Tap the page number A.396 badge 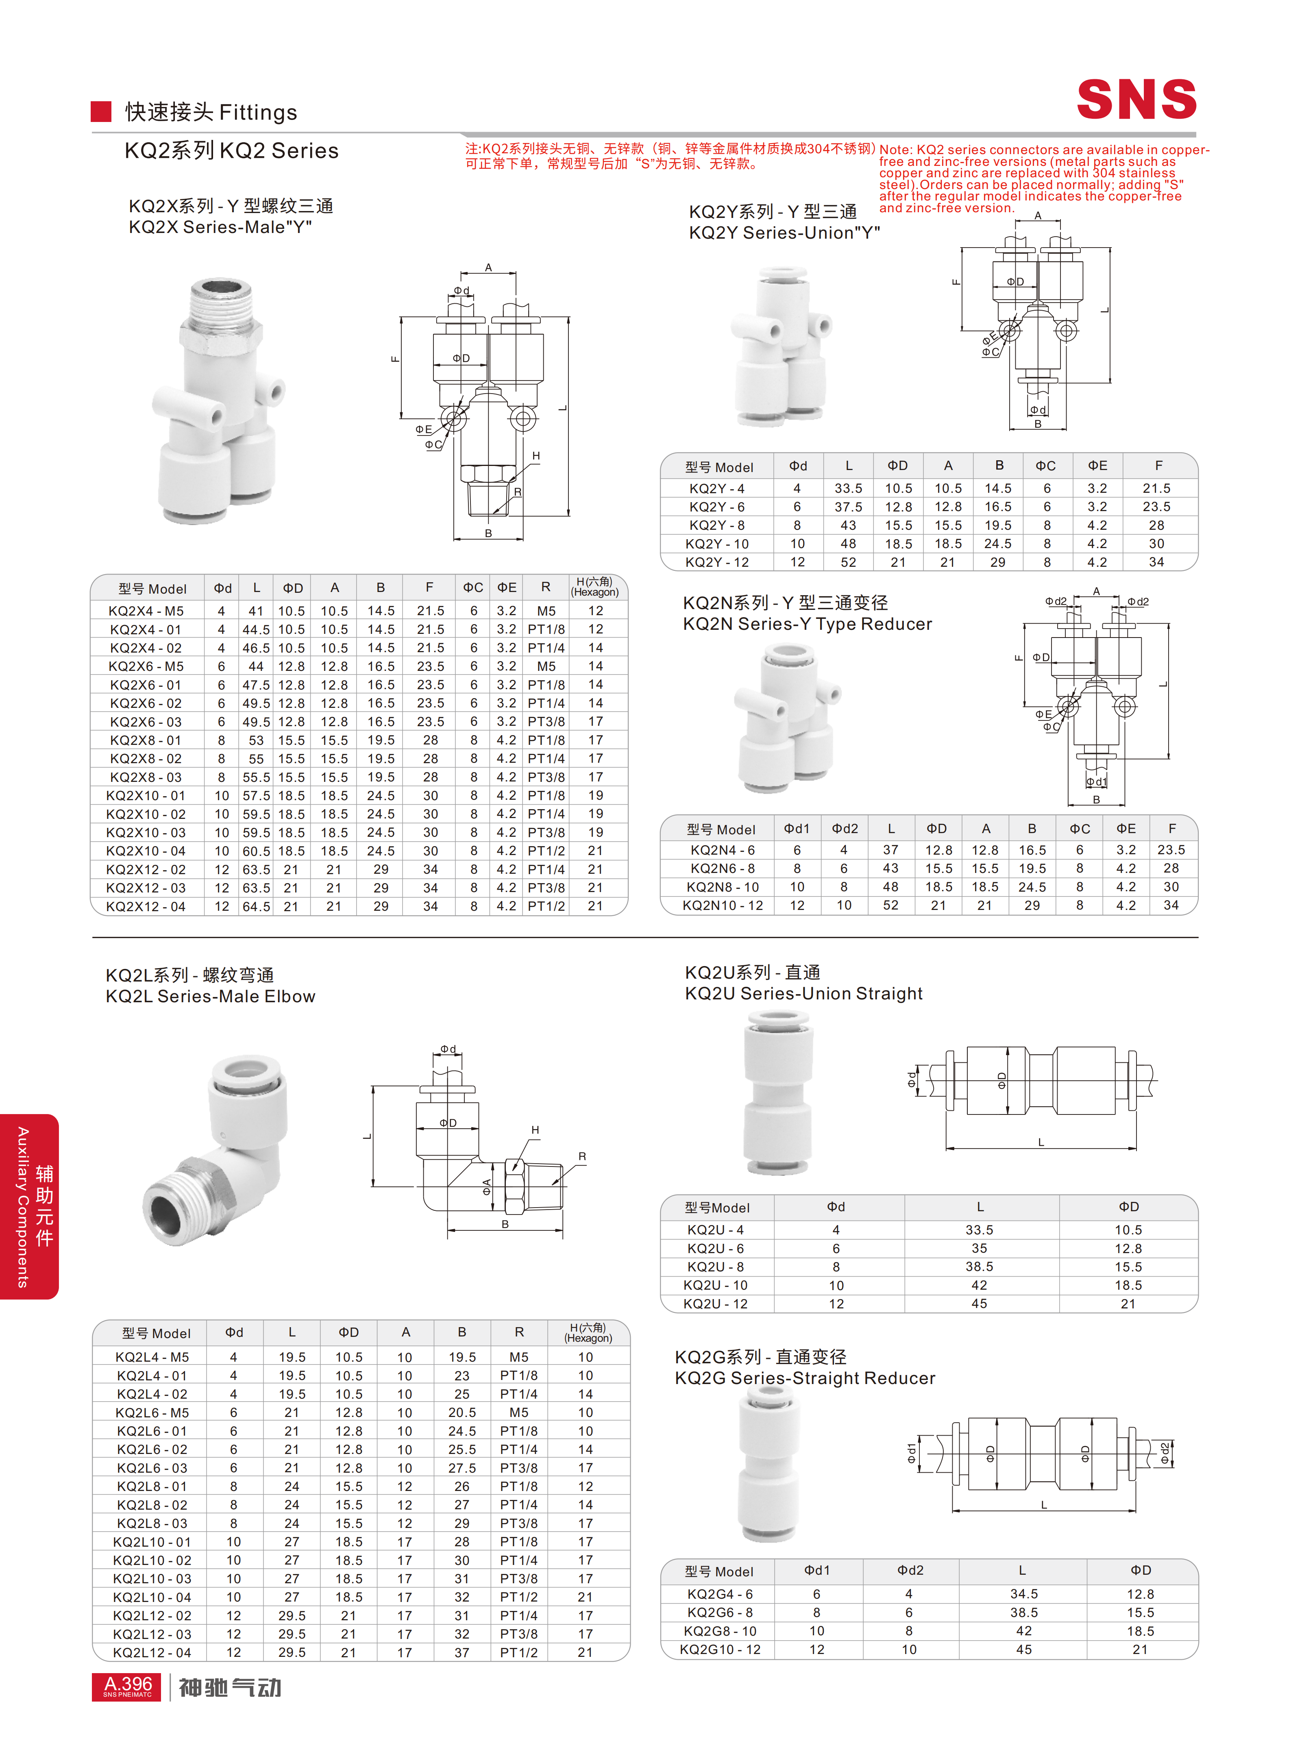coord(127,1687)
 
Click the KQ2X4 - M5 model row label coord(146,611)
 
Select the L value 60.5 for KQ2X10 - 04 coord(256,851)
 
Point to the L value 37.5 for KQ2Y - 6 coord(848,506)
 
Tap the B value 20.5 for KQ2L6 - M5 coord(462,1412)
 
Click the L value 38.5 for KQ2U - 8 coord(979,1267)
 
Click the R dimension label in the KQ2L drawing coord(581,1156)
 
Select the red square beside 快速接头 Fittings coord(101,112)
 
